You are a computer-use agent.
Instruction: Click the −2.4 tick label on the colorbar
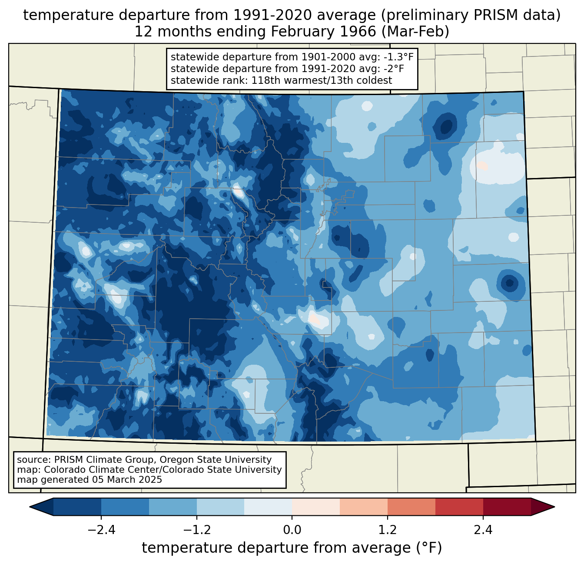pos(101,530)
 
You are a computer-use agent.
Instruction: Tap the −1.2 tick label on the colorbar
pos(197,530)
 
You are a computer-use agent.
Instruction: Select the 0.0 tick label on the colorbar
pos(292,530)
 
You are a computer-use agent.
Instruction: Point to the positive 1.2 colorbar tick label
pos(388,530)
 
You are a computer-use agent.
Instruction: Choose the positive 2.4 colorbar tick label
pos(483,530)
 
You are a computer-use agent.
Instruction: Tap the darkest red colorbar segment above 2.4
pos(507,507)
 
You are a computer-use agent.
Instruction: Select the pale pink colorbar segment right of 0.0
pos(316,507)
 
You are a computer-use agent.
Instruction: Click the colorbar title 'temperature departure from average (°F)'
pos(292,548)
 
